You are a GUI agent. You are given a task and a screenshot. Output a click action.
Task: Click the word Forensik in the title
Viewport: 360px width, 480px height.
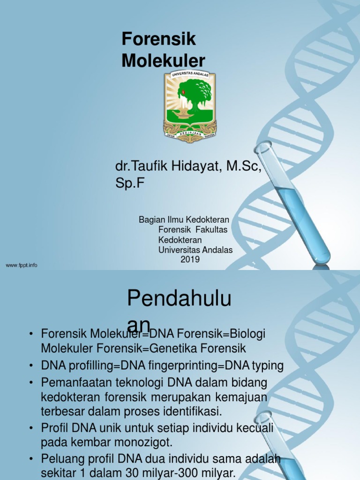(x=159, y=40)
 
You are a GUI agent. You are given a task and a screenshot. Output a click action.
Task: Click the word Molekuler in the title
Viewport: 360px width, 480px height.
(x=164, y=61)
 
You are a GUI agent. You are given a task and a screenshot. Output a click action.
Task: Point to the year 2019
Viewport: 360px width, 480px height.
(x=190, y=259)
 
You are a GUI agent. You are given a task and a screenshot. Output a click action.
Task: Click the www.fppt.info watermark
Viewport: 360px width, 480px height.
(x=22, y=265)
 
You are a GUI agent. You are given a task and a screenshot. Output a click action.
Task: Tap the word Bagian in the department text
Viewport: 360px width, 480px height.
(x=150, y=220)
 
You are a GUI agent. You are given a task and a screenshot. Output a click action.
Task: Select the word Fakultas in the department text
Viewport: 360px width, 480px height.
(x=211, y=230)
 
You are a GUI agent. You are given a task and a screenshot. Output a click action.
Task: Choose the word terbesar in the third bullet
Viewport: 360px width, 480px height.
(x=59, y=412)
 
